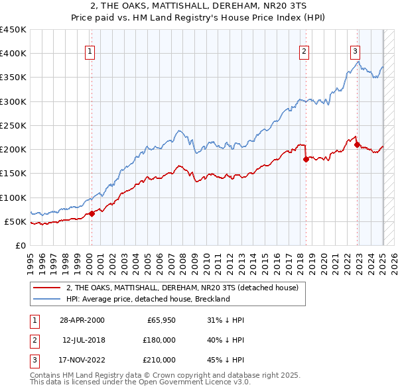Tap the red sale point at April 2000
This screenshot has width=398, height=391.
[92, 213]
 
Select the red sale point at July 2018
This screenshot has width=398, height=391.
[306, 159]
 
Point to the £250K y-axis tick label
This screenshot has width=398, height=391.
[13, 125]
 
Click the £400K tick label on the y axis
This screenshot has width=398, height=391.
[13, 54]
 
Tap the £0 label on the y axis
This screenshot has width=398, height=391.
[20, 245]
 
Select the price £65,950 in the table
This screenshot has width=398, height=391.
[159, 320]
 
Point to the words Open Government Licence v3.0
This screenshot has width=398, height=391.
[199, 382]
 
